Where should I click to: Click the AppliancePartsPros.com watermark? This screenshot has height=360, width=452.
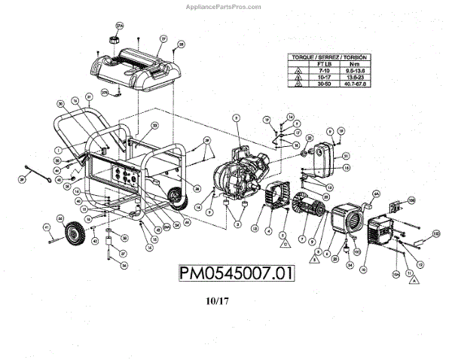tap(226, 5)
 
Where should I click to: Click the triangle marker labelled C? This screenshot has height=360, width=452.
tap(286, 244)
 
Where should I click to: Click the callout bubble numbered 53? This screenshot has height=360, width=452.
tap(155, 126)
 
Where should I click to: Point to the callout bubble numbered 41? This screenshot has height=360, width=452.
tap(47, 227)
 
